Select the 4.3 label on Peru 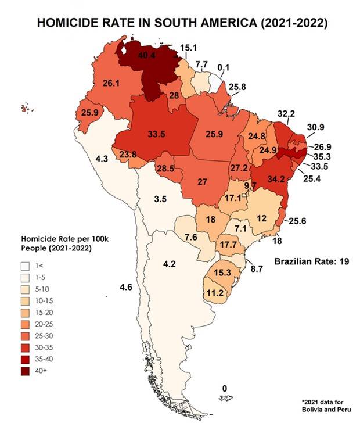coord(102,158)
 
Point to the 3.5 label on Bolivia coord(161,199)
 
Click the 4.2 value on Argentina coord(169,264)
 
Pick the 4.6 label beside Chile coord(126,288)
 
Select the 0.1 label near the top coord(223,68)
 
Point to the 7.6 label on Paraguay coord(191,236)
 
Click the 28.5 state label coord(165,168)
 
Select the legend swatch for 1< coord(26,266)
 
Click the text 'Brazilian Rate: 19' coord(311,261)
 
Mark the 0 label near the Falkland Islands coord(225,388)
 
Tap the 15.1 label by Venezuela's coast coord(189,48)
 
